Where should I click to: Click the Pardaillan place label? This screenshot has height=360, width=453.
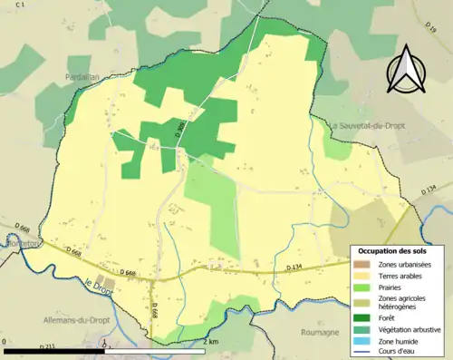(82, 78)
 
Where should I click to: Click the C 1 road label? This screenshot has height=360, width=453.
(20, 5)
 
